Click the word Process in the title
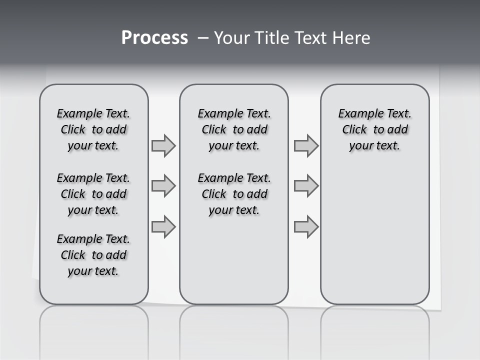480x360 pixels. point(154,38)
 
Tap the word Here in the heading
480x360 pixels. point(351,38)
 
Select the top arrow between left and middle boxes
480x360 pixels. point(163,146)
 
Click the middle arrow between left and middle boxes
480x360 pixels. point(163,186)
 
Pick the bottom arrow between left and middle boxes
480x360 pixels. point(163,227)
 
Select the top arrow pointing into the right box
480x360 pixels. point(306,146)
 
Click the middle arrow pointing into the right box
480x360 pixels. point(306,186)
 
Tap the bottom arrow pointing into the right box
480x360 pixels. point(306,227)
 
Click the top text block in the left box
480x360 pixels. point(93,129)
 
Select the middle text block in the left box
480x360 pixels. point(93,194)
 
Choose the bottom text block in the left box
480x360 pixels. point(93,255)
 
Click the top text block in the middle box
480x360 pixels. point(234,129)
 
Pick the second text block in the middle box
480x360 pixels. point(234,194)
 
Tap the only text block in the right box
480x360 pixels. point(374,129)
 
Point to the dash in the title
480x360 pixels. point(203,38)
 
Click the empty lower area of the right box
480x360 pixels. point(374,235)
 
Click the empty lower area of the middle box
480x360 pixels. point(234,260)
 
